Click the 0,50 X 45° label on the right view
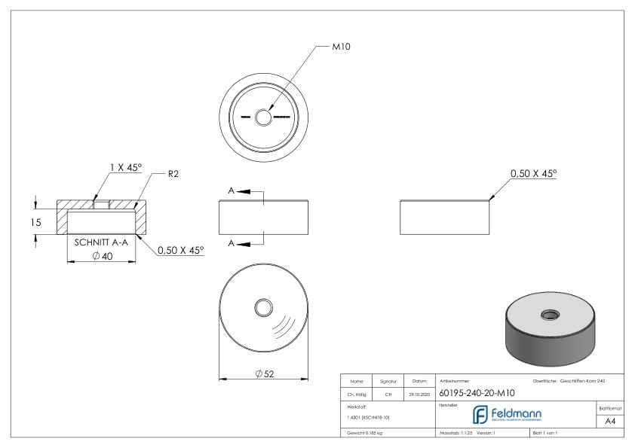533,173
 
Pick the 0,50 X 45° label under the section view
180,251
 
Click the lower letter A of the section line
232,242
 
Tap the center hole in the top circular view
263,117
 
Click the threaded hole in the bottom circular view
264,306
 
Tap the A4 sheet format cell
612,422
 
